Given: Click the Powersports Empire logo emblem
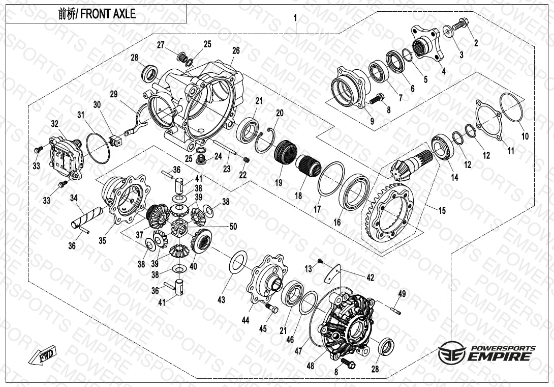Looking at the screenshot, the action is pyautogui.click(x=453, y=352).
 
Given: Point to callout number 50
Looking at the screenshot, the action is pyautogui.click(x=233, y=226).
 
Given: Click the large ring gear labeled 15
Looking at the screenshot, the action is pyautogui.click(x=388, y=213).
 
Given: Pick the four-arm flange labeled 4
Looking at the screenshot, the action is pyautogui.click(x=426, y=43).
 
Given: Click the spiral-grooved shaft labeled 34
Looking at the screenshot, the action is pyautogui.click(x=86, y=217).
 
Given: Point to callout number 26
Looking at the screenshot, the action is pyautogui.click(x=236, y=50).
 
